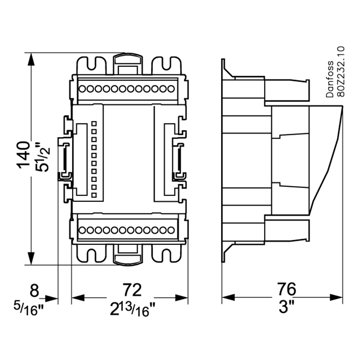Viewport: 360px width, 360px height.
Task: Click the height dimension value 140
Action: coord(24,155)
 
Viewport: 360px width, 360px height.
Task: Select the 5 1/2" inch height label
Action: coord(43,157)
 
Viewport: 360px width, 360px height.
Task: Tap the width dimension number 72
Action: coord(132,290)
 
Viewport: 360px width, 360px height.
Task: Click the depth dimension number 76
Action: coord(286,290)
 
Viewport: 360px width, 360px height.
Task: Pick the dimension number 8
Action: coord(34,291)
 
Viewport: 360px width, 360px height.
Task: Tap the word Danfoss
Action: coord(330,79)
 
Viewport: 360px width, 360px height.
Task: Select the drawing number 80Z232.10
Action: coord(340,72)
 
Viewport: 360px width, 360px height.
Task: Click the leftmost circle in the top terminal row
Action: coord(82,89)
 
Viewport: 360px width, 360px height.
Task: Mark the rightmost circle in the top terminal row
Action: coord(171,89)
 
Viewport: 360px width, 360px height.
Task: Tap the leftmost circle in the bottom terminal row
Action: coord(82,230)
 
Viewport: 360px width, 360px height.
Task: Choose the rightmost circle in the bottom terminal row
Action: coord(171,230)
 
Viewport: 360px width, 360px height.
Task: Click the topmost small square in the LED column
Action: coord(94,123)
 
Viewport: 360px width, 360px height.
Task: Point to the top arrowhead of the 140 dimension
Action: coord(31,60)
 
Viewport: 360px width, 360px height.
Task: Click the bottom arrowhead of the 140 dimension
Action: coord(31,258)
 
